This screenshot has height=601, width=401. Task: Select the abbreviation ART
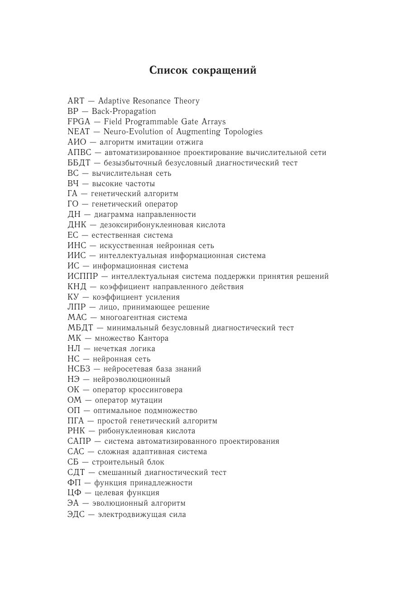pos(76,101)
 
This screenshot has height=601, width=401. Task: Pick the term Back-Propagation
pos(124,111)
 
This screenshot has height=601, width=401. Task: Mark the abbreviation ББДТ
pos(79,163)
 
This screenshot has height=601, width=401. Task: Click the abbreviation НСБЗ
pos(79,369)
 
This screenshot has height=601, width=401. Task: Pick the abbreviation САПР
pos(79,441)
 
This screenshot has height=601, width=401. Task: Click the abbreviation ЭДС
pos(76,514)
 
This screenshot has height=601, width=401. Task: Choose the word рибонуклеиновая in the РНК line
pos(128,431)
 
